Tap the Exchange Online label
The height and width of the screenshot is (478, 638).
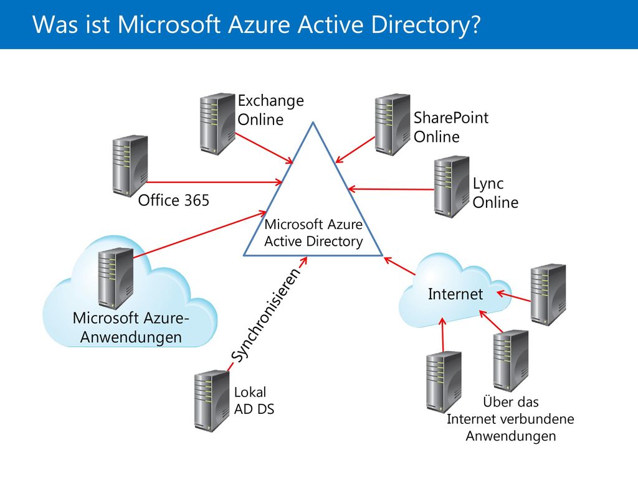270,110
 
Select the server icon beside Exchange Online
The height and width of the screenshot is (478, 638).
217,124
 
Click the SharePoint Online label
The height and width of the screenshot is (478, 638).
451,127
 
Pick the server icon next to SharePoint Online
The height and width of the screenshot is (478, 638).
393,124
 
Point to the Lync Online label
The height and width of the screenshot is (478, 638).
495,193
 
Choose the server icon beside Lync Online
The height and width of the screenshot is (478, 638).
452,187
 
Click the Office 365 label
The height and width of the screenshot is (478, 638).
173,200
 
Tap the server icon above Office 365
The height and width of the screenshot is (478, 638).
130,166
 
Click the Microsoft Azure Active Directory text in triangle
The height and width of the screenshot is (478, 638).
313,233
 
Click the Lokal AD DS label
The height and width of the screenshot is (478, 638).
254,401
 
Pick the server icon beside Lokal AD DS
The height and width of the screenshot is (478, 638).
212,401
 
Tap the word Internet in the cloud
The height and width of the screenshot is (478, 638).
455,294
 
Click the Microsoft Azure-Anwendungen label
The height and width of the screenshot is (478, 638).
131,327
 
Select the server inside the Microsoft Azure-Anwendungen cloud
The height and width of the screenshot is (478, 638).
116,278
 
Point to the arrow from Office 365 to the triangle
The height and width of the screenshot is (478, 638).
214,182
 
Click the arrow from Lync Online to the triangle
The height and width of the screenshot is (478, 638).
391,189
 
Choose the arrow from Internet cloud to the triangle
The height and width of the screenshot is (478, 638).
399,266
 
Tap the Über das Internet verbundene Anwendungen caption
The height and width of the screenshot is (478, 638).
510,419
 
